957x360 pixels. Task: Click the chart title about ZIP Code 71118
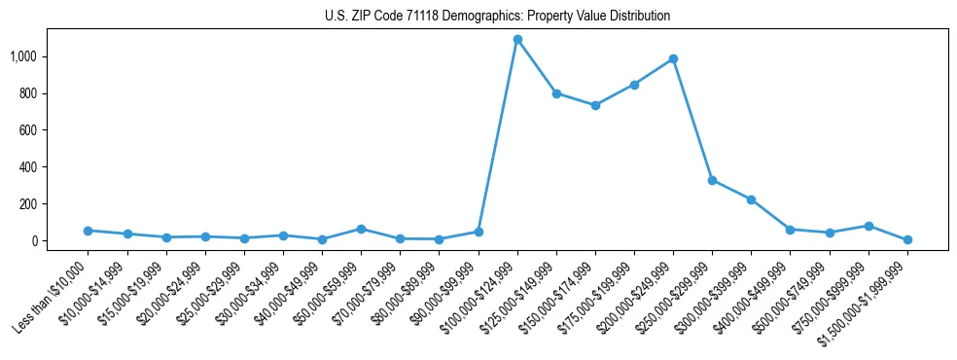[x=497, y=17]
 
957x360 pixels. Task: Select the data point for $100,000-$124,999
[x=517, y=40]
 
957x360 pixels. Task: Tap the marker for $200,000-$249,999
[x=673, y=59]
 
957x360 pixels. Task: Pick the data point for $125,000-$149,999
[x=556, y=93]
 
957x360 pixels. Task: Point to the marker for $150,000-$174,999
[x=595, y=105]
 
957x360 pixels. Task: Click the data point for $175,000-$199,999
[x=634, y=85]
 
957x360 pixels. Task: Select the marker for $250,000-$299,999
[x=712, y=181]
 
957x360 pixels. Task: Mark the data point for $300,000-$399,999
[x=751, y=199]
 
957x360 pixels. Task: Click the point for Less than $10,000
[x=88, y=231]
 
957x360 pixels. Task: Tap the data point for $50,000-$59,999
[x=361, y=229]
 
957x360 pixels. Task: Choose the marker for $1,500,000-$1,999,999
[x=907, y=239]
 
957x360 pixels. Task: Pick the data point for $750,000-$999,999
[x=868, y=226]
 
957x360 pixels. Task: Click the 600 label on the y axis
[x=28, y=130]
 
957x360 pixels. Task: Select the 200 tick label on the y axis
[x=28, y=204]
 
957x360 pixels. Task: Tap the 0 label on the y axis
[x=34, y=241]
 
